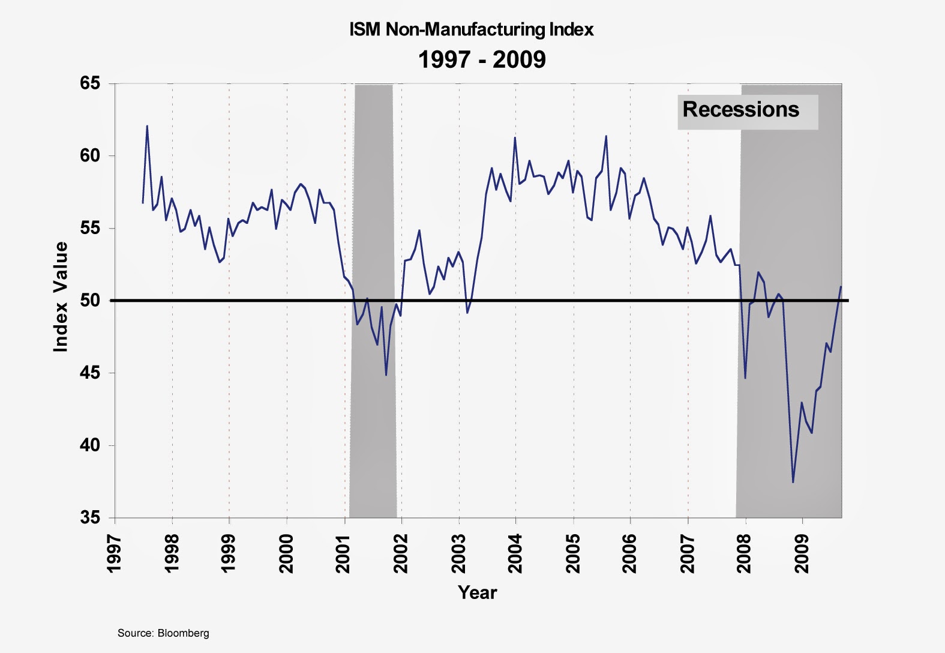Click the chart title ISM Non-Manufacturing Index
(x=472, y=29)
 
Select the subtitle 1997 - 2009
(x=482, y=59)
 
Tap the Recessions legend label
(x=741, y=110)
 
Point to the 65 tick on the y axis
(x=90, y=83)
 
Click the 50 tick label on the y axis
(x=90, y=300)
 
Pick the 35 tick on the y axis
(x=90, y=517)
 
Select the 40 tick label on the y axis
(x=90, y=445)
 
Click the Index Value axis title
(x=61, y=297)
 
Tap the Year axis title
(x=478, y=592)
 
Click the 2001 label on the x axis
(x=343, y=554)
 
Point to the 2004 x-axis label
(x=515, y=554)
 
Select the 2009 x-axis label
(x=802, y=554)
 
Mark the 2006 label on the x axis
(x=630, y=554)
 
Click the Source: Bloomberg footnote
(x=163, y=633)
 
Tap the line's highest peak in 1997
(x=147, y=126)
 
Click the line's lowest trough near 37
(x=793, y=482)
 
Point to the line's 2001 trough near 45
(x=386, y=375)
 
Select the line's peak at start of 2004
(x=515, y=138)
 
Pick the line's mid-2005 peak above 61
(x=606, y=136)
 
